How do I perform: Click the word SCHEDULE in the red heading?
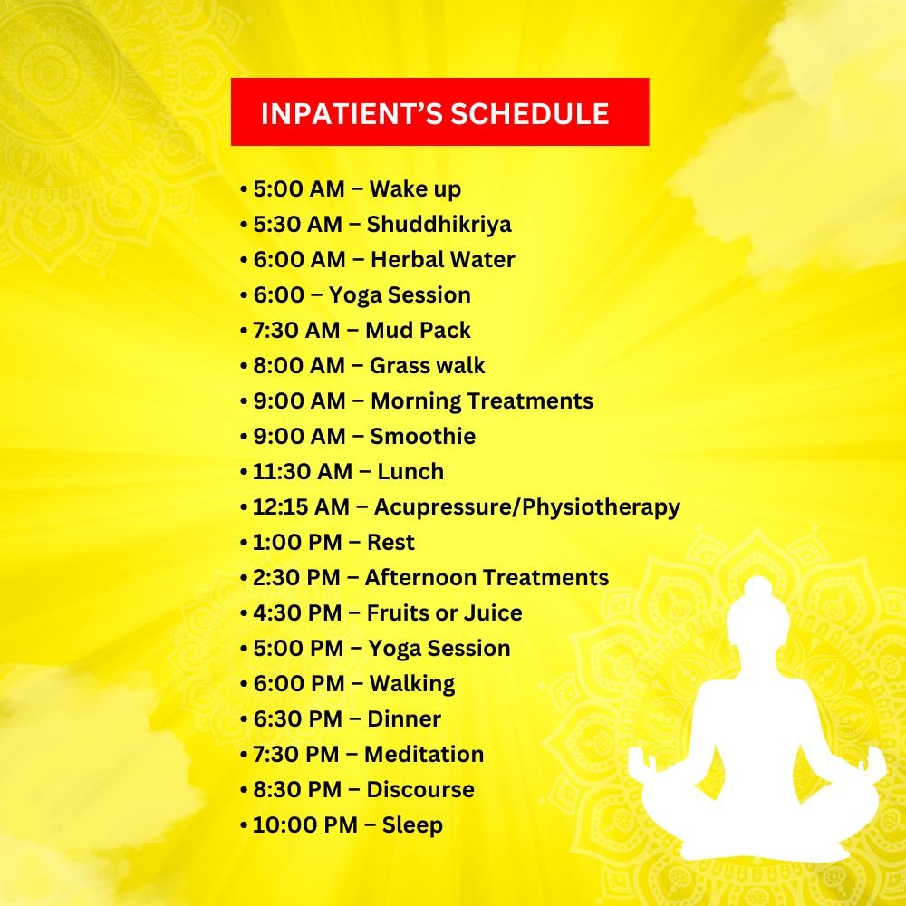pyautogui.click(x=530, y=113)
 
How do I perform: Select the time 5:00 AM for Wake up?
pyautogui.click(x=299, y=189)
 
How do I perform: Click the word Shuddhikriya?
pyautogui.click(x=439, y=224)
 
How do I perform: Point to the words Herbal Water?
pyautogui.click(x=443, y=259)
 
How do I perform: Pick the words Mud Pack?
pyautogui.click(x=418, y=331)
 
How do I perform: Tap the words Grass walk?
pyautogui.click(x=428, y=366)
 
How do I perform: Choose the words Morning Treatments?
pyautogui.click(x=482, y=401)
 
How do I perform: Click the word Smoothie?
pyautogui.click(x=423, y=437)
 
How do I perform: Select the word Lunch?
pyautogui.click(x=410, y=471)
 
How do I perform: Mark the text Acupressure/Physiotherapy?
pyautogui.click(x=527, y=507)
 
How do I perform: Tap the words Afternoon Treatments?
pyautogui.click(x=487, y=578)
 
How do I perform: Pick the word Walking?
pyautogui.click(x=412, y=684)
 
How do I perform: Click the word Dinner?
pyautogui.click(x=404, y=719)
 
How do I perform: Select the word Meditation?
pyautogui.click(x=424, y=755)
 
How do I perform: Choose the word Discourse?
pyautogui.click(x=420, y=790)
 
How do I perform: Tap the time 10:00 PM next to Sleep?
pyautogui.click(x=305, y=825)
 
